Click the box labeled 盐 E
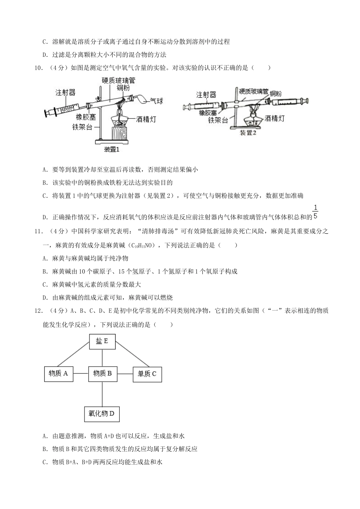102,342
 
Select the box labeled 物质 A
58,374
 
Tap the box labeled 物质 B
102,374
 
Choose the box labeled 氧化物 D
102,414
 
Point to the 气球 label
157,101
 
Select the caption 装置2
248,133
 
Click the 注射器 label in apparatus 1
66,92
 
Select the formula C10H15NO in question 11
140,245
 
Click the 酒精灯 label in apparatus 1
146,119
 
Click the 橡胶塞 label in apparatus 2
209,112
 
